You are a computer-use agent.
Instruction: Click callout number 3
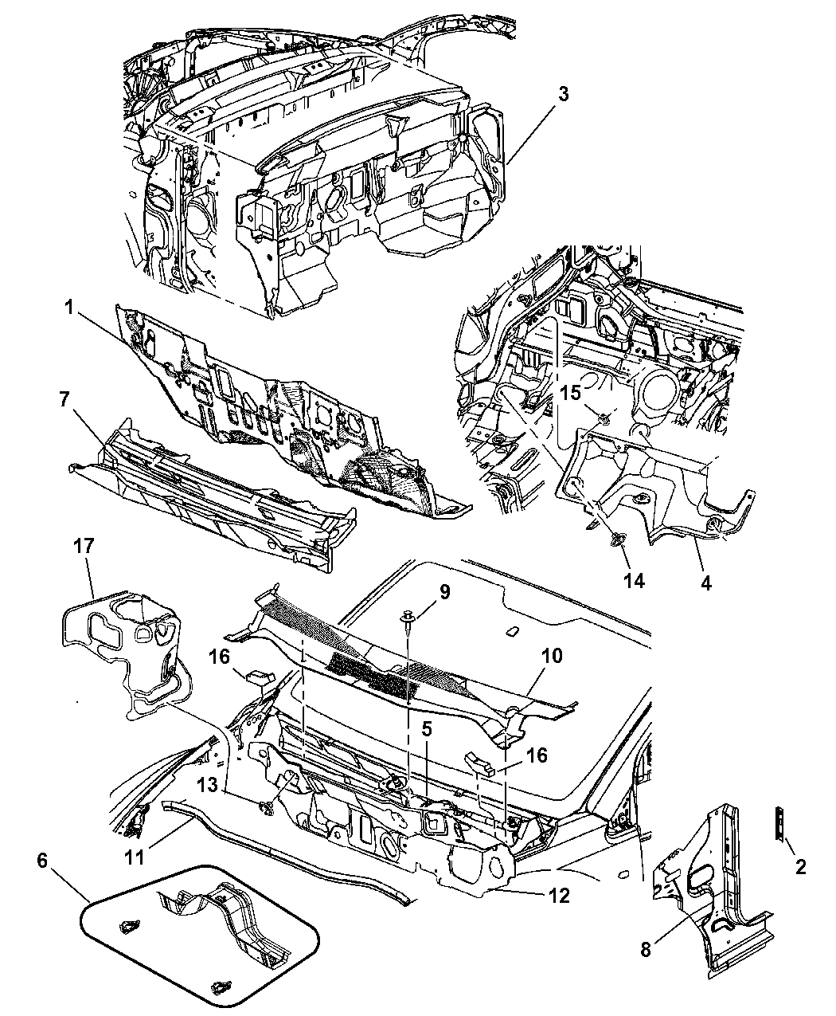563,94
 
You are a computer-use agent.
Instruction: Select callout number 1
68,308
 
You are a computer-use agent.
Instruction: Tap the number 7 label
64,399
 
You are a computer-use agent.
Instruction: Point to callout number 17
83,546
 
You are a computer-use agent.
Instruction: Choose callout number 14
635,580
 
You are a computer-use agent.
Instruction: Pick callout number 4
706,583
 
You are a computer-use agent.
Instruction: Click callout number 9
444,592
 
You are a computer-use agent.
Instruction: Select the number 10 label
552,656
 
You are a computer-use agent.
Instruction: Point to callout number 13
207,785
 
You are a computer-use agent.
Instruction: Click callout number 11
135,857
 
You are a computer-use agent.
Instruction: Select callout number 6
42,861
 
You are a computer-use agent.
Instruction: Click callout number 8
646,949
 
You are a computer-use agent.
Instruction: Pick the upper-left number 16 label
219,657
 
